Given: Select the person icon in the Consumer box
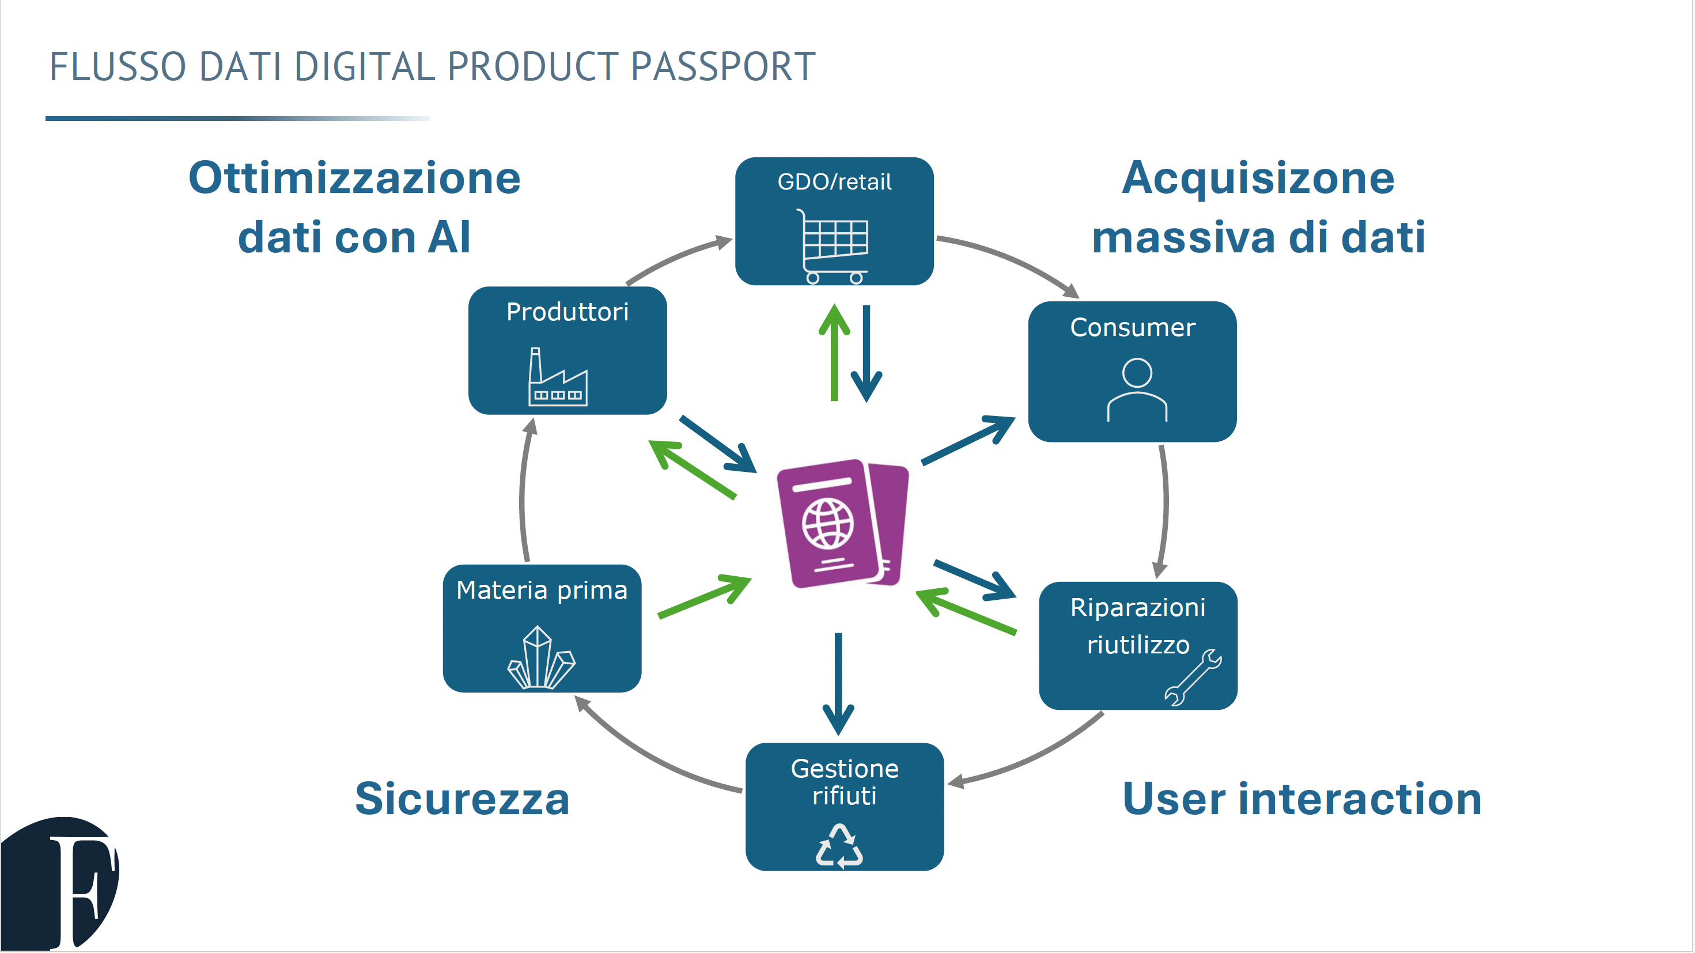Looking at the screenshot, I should [x=1136, y=389].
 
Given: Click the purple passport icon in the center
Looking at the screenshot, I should [x=842, y=523].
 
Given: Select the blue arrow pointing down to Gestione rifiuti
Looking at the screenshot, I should [x=838, y=685].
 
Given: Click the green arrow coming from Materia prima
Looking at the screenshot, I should [x=705, y=596].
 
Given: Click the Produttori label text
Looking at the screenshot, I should [x=567, y=311].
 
